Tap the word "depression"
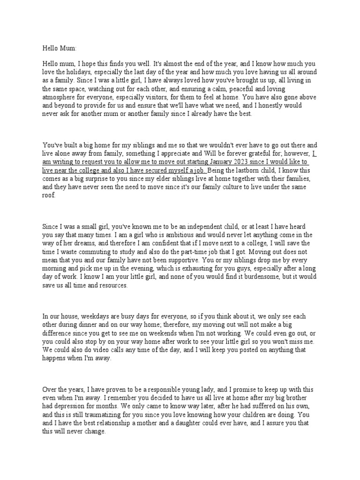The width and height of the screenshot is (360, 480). [x=73, y=407]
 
